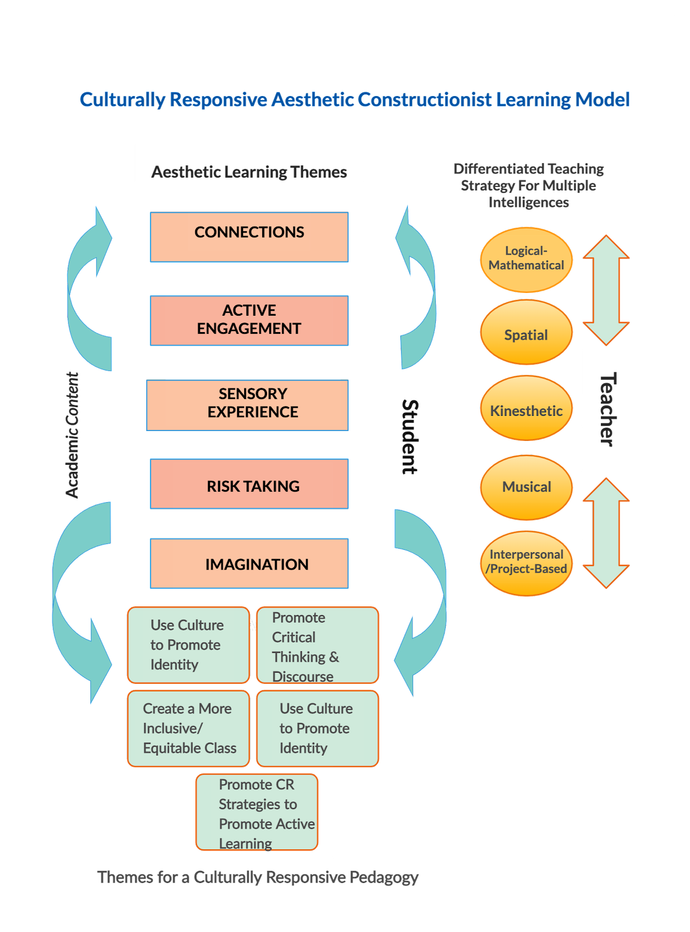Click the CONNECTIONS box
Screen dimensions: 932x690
pyautogui.click(x=249, y=237)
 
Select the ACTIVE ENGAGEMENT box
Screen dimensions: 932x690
pyautogui.click(x=249, y=320)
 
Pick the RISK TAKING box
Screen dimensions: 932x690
pyautogui.click(x=249, y=484)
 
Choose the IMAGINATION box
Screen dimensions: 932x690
pyautogui.click(x=249, y=563)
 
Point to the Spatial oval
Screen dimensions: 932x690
pyautogui.click(x=526, y=333)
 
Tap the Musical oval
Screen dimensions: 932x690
pyautogui.click(x=526, y=487)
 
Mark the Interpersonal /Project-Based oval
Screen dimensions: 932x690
pyautogui.click(x=526, y=563)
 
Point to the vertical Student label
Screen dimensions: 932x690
pyautogui.click(x=410, y=436)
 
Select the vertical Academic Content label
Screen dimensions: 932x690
pyautogui.click(x=72, y=435)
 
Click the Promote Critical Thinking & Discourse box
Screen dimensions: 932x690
pyautogui.click(x=318, y=645)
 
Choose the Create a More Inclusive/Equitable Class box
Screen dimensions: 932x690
pyautogui.click(x=189, y=728)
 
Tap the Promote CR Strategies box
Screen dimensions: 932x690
pyautogui.click(x=258, y=812)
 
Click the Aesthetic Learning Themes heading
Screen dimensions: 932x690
pyautogui.click(x=249, y=172)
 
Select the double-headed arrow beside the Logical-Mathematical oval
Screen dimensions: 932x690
pyautogui.click(x=606, y=290)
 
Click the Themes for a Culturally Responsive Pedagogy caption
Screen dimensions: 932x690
pyautogui.click(x=258, y=877)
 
